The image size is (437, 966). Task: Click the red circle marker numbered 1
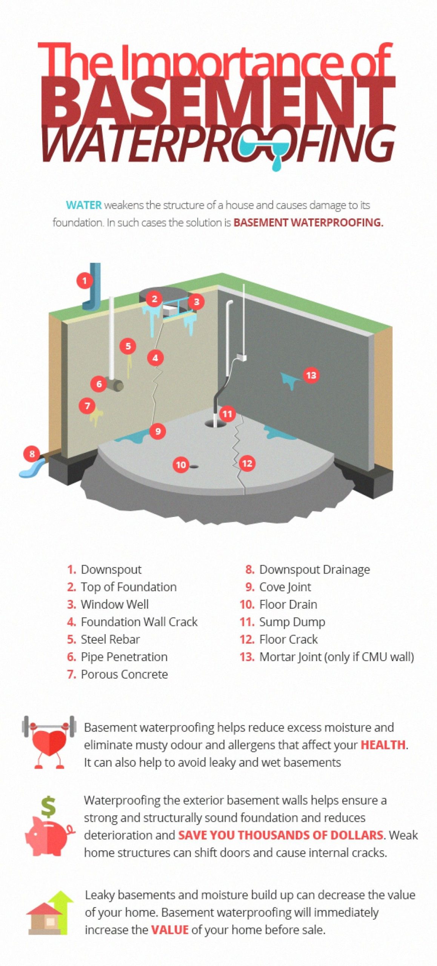coord(85,280)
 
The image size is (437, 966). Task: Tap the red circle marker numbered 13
coord(311,375)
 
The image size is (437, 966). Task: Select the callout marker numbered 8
coord(32,454)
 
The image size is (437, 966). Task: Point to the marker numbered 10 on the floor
coord(181,465)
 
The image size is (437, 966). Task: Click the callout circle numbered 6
coord(99,384)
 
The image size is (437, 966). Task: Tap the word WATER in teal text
coord(84,205)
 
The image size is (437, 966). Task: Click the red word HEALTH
coord(383,744)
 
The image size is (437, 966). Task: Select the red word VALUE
coord(169,929)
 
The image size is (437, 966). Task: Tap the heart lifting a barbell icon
coord(49,742)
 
